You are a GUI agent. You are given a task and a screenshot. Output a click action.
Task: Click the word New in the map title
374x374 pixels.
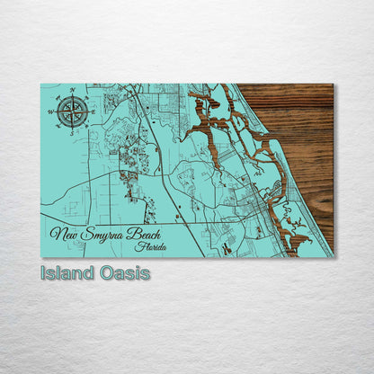click(62, 235)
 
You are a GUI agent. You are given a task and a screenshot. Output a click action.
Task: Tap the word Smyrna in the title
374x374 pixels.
click(103, 235)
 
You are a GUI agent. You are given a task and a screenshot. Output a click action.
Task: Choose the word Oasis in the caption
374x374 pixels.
click(125, 272)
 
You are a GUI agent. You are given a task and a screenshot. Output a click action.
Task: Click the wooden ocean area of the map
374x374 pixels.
click(297, 126)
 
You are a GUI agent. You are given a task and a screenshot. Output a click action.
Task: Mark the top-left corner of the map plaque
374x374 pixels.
click(40, 84)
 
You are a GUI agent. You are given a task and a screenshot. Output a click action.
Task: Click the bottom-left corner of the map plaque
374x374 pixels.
click(40, 257)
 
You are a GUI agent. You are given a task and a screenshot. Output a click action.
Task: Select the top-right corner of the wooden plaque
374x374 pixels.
click(333, 84)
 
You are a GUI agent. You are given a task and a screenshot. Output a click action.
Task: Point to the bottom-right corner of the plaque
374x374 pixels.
click(333, 257)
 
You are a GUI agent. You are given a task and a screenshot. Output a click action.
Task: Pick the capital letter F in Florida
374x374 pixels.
click(134, 246)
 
